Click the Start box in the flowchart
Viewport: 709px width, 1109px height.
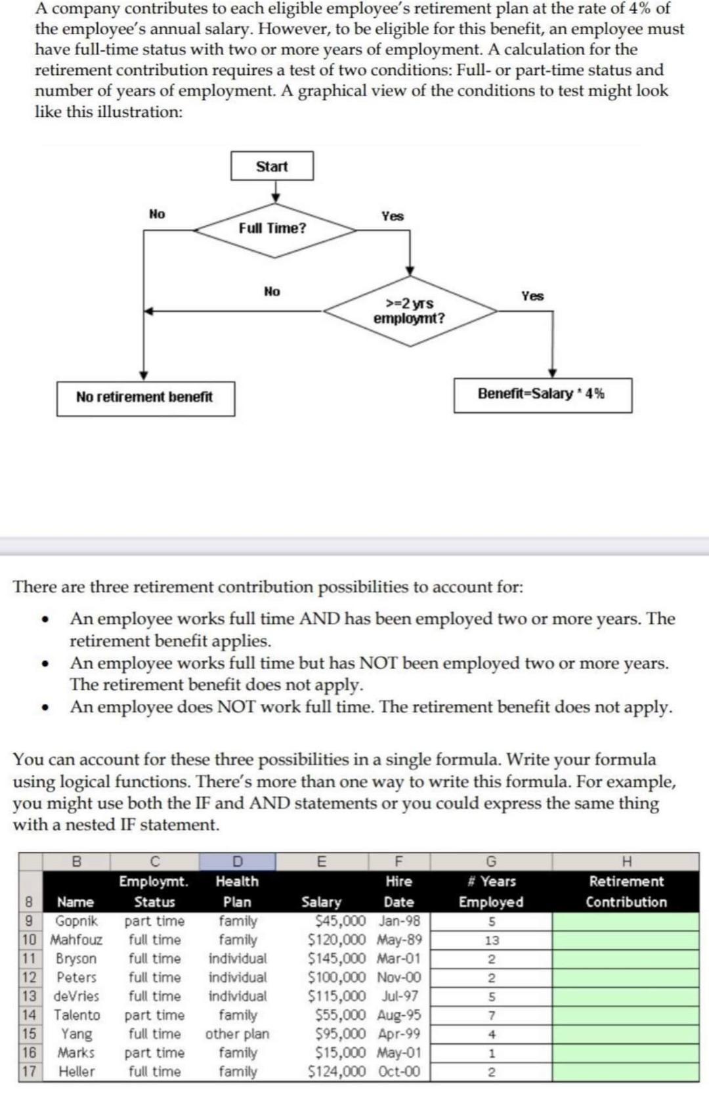[272, 166]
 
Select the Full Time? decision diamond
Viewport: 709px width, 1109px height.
[273, 228]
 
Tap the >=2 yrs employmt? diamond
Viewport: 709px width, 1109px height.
[409, 311]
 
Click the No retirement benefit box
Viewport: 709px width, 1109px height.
[145, 397]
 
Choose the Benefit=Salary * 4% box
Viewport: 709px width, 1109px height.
[542, 394]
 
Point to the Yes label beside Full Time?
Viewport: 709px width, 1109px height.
[393, 216]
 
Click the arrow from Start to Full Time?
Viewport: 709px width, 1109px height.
[276, 191]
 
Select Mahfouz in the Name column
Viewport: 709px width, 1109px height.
[77, 940]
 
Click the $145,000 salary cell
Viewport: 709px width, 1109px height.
[337, 959]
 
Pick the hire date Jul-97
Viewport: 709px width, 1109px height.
[400, 996]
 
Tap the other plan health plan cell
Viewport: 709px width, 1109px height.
[237, 1034]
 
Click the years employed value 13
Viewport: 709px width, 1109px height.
[492, 940]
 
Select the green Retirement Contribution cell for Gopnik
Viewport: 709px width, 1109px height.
[625, 921]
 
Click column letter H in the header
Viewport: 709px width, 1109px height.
[626, 861]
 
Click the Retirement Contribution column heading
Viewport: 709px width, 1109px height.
[626, 892]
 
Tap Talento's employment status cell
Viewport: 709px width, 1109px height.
[154, 1015]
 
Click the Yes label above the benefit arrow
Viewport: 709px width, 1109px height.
[532, 296]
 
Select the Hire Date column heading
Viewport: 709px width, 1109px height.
[398, 892]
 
